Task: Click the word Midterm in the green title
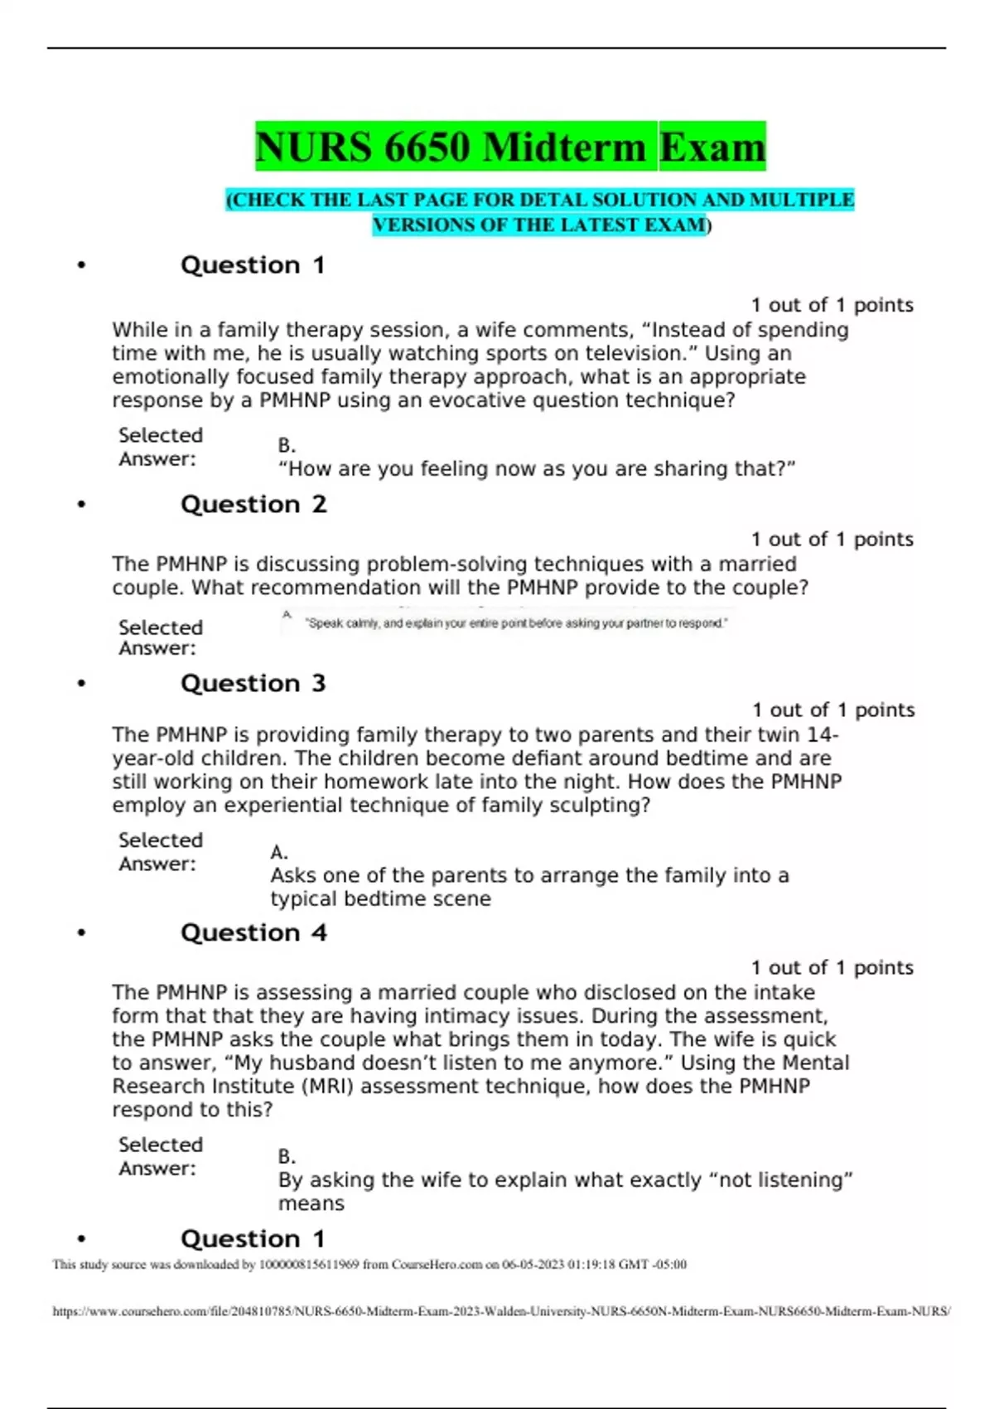[x=563, y=148]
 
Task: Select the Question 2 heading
[x=253, y=505]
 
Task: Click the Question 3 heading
[x=253, y=684]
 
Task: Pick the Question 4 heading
[x=253, y=933]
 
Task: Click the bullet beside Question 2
[x=81, y=505]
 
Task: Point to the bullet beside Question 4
[x=81, y=933]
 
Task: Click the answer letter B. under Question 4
[x=287, y=1156]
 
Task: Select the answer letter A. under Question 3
[x=279, y=852]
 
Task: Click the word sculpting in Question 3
[x=594, y=806]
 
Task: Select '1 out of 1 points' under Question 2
[x=832, y=540]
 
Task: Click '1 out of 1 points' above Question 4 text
[x=832, y=968]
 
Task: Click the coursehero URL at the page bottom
[x=501, y=1312]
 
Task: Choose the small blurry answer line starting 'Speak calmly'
[x=516, y=623]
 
